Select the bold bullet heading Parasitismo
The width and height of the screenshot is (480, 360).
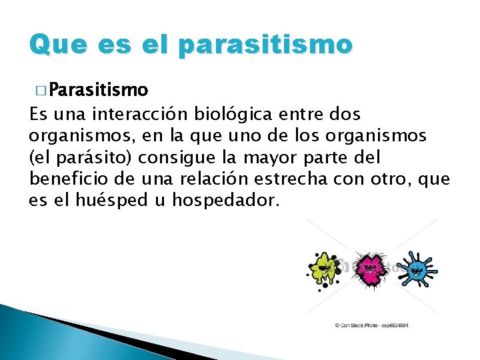tap(99, 89)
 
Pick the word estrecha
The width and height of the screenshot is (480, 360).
tap(290, 179)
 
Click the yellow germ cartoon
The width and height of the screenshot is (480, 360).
tap(323, 269)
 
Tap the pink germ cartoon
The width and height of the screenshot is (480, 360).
tap(367, 269)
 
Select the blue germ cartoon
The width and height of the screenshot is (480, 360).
tap(416, 269)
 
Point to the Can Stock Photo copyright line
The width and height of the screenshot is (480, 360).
tap(371, 325)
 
